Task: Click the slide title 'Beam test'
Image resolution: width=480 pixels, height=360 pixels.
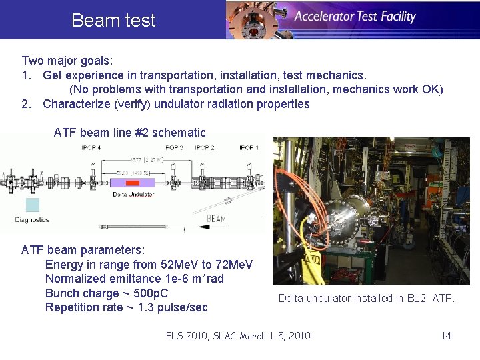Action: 113,21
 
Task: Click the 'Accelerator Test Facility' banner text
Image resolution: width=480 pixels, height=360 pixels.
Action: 355,17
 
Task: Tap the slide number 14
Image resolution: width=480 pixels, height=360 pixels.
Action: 446,335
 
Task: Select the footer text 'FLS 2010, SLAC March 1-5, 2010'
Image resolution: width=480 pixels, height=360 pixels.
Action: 238,335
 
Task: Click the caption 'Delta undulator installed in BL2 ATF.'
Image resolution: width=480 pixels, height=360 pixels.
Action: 366,298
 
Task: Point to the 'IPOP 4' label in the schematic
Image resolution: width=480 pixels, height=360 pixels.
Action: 91,147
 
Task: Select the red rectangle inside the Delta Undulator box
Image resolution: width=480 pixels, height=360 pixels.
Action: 132,182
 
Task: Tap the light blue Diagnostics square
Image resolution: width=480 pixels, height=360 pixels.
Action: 32,205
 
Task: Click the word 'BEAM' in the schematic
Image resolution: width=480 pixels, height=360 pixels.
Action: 216,218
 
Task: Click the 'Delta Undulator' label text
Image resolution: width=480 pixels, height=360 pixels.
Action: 133,195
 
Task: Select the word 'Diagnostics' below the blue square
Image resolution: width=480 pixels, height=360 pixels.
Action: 33,219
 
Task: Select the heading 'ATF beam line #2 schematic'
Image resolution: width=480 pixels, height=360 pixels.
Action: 129,133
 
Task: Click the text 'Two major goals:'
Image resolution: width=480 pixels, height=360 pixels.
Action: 67,60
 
